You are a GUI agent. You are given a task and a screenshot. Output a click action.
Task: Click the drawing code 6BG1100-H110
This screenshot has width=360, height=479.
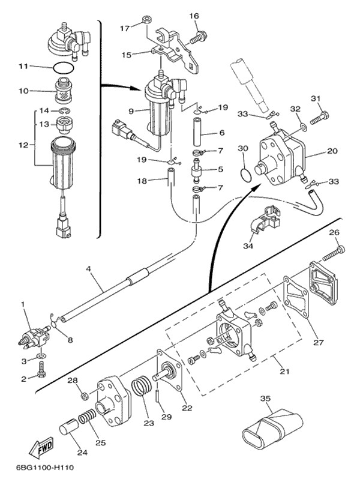point(39,468)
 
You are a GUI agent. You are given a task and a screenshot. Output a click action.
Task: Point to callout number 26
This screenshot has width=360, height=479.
point(334,233)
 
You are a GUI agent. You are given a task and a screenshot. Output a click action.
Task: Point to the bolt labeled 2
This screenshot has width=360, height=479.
point(41,373)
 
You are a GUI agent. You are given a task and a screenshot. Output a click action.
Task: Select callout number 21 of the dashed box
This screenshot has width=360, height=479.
point(284,372)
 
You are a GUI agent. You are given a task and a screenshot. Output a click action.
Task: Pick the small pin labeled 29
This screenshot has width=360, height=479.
point(157,396)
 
